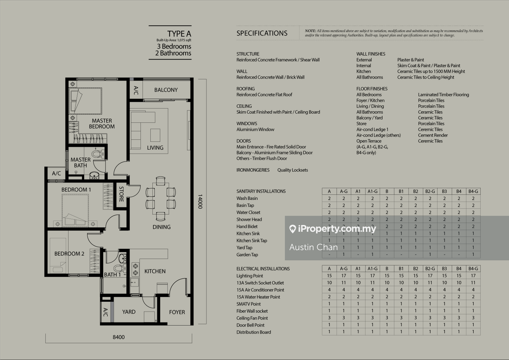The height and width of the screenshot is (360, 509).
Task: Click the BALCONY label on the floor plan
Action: (166, 90)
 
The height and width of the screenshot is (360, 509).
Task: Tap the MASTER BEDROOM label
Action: (102, 124)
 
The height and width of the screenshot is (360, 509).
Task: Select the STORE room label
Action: (121, 194)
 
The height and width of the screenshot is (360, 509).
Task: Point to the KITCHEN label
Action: (155, 271)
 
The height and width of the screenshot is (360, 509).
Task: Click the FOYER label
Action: (177, 312)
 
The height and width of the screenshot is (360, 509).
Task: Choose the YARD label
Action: (129, 312)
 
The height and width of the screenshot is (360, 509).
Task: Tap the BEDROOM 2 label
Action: (69, 254)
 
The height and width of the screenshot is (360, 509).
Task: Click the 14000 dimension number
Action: (200, 201)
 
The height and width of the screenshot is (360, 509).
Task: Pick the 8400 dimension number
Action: (119, 337)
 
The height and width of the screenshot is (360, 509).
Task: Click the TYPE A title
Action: (179, 34)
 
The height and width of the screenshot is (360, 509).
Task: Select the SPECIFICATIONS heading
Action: (262, 34)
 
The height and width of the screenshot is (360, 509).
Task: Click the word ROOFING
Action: (246, 89)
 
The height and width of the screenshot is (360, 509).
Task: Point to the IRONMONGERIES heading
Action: (253, 170)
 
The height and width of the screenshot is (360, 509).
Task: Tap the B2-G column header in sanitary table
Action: (430, 191)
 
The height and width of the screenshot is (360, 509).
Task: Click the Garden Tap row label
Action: (247, 255)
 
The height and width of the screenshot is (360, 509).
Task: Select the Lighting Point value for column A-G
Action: (344, 276)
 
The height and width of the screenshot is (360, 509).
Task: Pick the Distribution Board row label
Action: (254, 332)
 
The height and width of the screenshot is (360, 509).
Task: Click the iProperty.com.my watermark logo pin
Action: (292, 229)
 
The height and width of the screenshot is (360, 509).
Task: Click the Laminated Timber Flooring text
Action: (443, 95)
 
